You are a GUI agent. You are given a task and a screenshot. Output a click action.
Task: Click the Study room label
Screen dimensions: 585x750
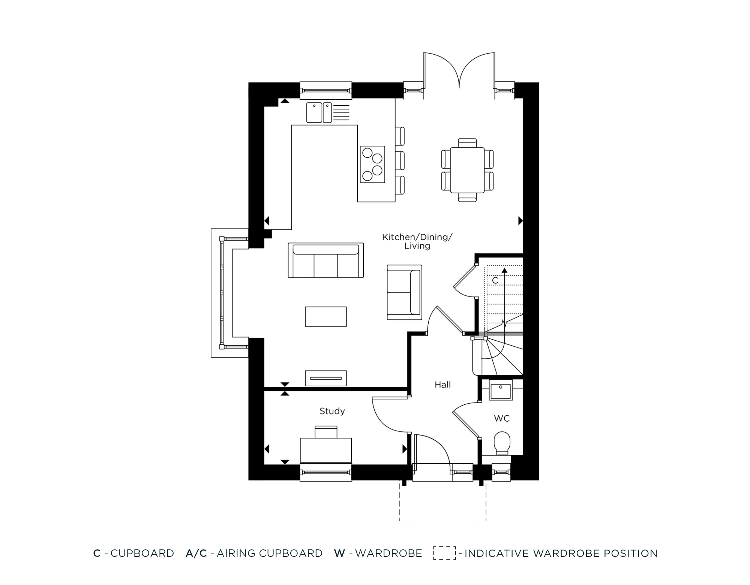(x=332, y=411)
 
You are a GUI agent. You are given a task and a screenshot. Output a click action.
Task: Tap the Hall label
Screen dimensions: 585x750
(x=442, y=385)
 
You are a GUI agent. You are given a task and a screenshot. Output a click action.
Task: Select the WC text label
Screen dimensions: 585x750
(x=502, y=418)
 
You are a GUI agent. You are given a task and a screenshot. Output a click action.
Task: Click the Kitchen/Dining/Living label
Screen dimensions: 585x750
(x=417, y=241)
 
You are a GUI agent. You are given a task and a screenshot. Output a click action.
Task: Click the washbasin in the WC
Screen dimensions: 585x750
(x=500, y=392)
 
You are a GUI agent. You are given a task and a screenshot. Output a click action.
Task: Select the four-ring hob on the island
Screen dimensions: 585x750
(x=372, y=164)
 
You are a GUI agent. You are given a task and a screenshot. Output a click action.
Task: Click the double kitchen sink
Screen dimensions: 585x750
(x=319, y=112)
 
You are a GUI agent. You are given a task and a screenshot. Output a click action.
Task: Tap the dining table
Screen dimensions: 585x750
(x=467, y=170)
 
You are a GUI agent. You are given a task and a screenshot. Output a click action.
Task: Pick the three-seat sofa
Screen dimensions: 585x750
(x=325, y=260)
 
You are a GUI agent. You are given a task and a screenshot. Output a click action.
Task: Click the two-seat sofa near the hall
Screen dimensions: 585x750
(x=404, y=292)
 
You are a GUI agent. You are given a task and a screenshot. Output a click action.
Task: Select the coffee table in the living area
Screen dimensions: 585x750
(x=325, y=316)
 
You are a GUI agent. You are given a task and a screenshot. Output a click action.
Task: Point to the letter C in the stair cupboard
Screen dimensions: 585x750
(x=495, y=280)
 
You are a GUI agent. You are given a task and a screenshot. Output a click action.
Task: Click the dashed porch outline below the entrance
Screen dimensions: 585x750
(x=442, y=520)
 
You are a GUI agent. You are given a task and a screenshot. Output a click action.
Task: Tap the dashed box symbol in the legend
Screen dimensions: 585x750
(x=444, y=553)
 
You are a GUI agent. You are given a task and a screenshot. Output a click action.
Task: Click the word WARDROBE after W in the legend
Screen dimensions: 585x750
(x=388, y=553)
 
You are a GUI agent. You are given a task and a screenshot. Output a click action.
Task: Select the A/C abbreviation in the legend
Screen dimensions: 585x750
(x=196, y=553)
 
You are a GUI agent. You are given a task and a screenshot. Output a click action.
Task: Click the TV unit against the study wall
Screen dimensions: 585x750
(x=325, y=378)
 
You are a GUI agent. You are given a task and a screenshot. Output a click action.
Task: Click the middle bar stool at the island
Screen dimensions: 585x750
(x=400, y=160)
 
